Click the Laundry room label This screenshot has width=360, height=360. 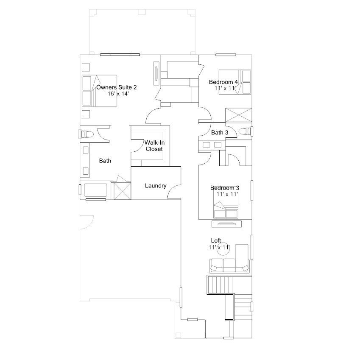156,185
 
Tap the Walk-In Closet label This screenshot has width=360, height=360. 154,146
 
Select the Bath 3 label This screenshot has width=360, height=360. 220,132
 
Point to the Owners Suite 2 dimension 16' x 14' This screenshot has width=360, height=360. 118,94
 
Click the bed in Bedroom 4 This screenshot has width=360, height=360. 234,82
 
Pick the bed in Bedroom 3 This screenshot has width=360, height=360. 226,210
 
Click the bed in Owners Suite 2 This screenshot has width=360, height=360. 99,91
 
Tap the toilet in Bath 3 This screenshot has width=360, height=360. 245,131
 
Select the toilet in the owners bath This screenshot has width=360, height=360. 87,134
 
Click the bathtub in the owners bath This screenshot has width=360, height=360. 95,190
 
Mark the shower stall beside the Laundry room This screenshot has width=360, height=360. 123,191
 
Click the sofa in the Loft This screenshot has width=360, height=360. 229,266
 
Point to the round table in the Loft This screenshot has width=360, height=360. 223,249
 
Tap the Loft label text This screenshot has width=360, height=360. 216,240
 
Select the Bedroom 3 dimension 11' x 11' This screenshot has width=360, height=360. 227,194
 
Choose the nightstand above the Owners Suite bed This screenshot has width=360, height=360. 86,67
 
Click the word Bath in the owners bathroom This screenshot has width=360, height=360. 105,161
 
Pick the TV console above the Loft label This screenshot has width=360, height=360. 226,224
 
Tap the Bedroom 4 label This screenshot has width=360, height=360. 223,82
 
